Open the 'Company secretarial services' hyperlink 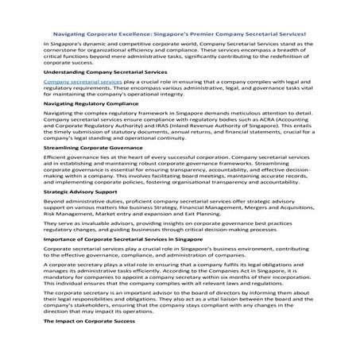tap(83, 82)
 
